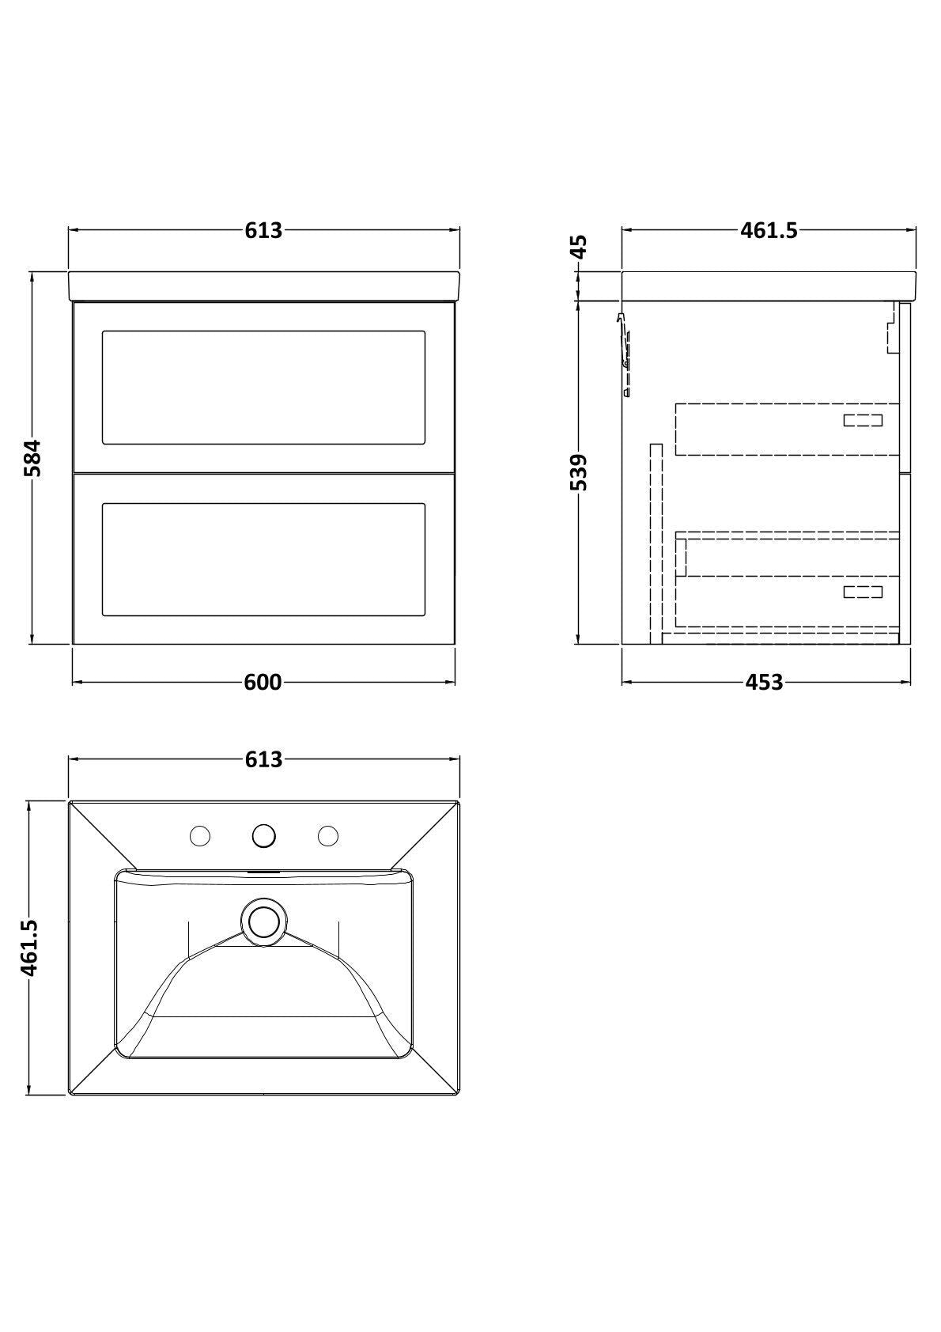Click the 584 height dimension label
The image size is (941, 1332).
32,457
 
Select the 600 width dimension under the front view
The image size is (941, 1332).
263,682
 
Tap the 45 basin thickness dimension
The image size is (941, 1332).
578,245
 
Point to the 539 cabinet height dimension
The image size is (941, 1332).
578,472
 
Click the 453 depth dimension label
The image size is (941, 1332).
765,682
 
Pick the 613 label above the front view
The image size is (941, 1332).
264,230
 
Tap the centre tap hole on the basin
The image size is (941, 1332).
264,835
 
